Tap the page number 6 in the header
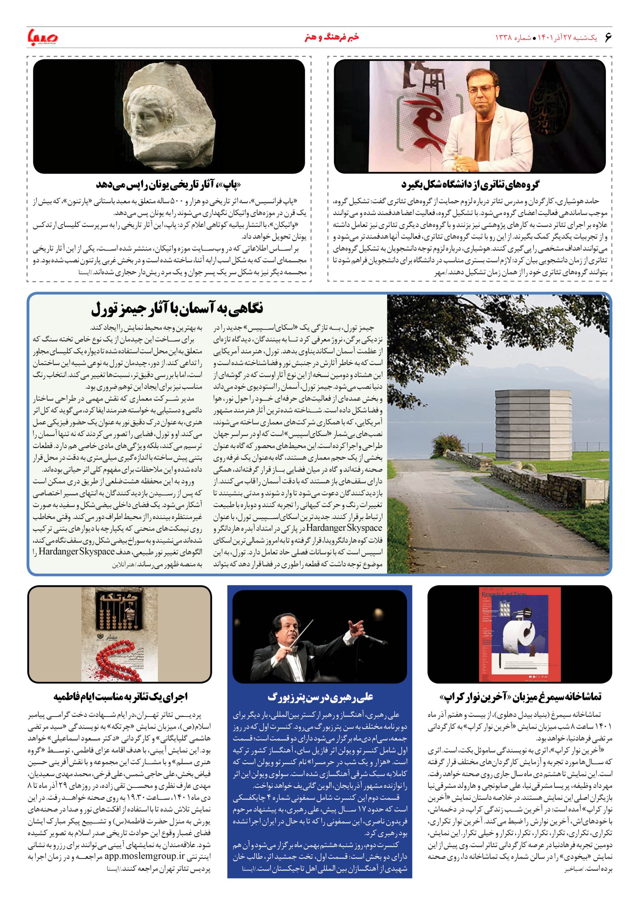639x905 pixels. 608,37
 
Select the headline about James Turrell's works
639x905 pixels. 178,309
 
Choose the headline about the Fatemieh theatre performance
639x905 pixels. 120,696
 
